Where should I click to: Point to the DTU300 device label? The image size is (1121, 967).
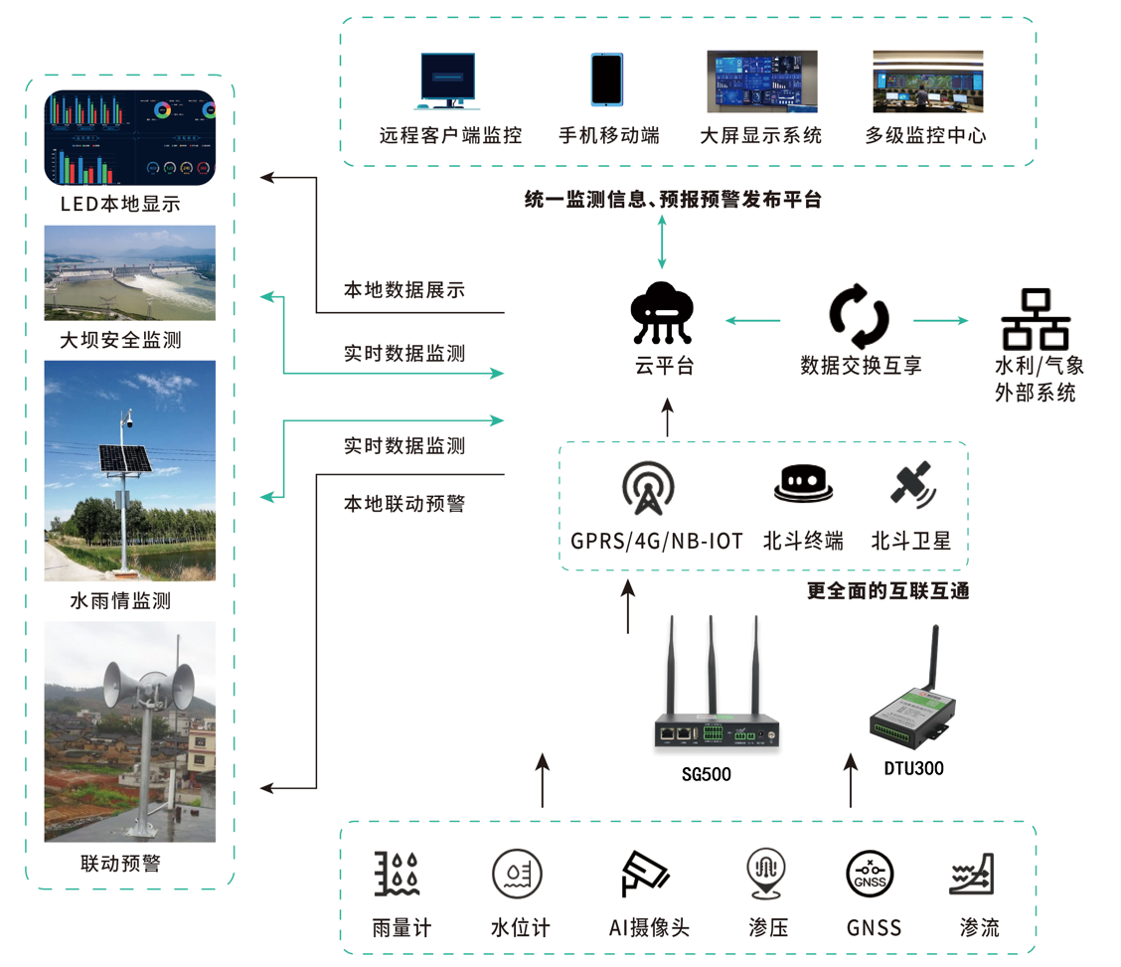[913, 768]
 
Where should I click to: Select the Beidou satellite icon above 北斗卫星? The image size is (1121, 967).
[911, 486]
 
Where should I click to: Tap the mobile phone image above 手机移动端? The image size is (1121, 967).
[606, 80]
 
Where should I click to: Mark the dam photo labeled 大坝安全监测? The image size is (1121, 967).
[129, 272]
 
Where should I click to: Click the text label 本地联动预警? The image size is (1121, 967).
[403, 504]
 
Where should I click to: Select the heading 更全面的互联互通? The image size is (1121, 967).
[887, 590]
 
